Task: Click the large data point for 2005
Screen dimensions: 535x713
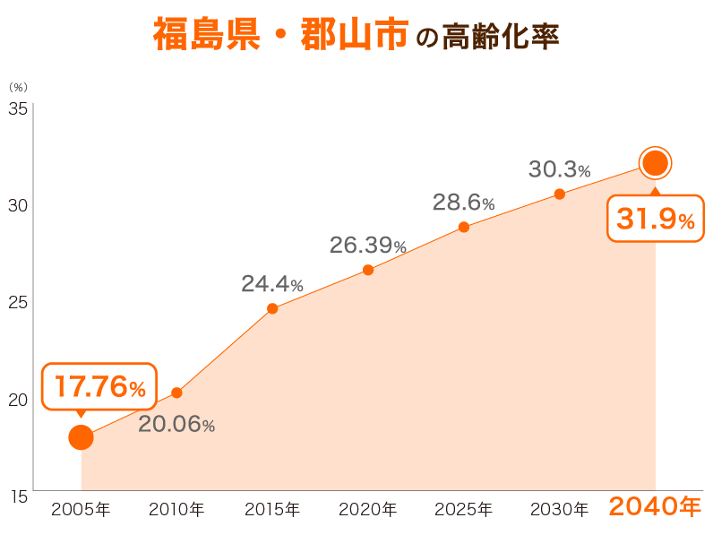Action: click(81, 437)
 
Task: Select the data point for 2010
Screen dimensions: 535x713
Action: click(176, 393)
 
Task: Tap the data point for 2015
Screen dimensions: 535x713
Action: click(272, 308)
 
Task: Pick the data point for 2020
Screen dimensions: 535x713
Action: click(368, 270)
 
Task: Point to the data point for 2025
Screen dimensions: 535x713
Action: click(464, 227)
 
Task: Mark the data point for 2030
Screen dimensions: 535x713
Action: click(560, 194)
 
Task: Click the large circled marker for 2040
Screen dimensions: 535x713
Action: click(655, 163)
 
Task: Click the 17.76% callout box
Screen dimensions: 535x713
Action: click(99, 386)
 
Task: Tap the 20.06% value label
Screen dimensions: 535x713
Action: click(176, 425)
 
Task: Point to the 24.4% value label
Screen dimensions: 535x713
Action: click(272, 284)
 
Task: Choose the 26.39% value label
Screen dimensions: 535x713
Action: click(368, 245)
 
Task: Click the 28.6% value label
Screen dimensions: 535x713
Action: click(464, 203)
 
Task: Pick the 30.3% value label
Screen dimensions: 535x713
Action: click(560, 168)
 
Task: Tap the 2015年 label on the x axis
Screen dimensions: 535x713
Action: click(272, 510)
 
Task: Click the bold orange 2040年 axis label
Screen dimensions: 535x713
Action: click(655, 507)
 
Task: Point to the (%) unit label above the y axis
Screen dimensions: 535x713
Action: click(18, 88)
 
